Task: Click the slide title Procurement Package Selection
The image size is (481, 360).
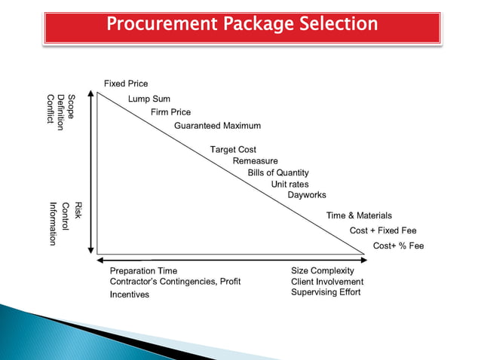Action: coord(241,24)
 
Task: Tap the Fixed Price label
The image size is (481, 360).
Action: coord(126,83)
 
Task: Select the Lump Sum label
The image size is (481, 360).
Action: coord(149,99)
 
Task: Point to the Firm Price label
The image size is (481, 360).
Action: coord(170,112)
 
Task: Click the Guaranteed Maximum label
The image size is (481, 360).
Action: coord(217,126)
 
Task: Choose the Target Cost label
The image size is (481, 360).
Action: coord(233,149)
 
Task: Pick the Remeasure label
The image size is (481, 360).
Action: coord(255,161)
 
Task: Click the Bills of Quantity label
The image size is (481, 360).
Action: coord(278,172)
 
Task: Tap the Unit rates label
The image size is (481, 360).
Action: coord(290,184)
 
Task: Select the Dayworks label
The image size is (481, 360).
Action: coord(307,195)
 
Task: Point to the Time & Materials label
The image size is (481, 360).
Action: coord(359,216)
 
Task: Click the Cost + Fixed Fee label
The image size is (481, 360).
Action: coord(383,230)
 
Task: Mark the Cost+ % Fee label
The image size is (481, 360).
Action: coord(398,246)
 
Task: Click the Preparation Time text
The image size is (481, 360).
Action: coord(143,270)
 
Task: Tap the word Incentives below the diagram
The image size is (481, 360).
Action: coord(130,294)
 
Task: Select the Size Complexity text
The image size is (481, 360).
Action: coord(322,270)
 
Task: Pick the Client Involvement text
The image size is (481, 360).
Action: coord(326,282)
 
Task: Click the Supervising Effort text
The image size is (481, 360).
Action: coord(326,292)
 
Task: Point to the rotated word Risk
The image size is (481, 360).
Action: coord(77,210)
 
